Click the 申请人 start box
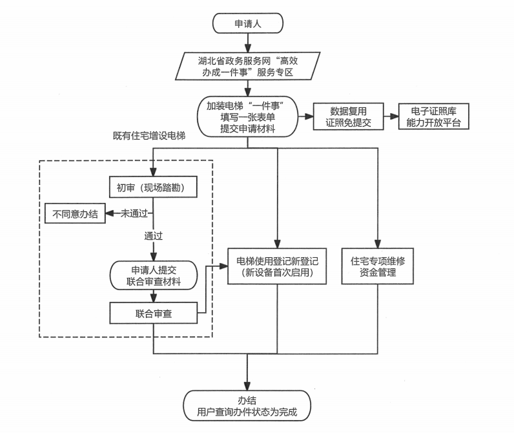[x=247, y=24]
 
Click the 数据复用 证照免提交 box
[x=348, y=117]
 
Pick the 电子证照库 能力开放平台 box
[x=433, y=117]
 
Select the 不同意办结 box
[x=75, y=214]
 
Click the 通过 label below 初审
[x=153, y=237]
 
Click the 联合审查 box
[x=153, y=314]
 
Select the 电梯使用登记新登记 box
[x=278, y=267]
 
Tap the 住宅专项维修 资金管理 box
[x=377, y=267]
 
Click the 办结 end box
[x=247, y=406]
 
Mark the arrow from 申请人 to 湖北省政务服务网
[x=247, y=44]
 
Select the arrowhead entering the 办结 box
[x=247, y=386]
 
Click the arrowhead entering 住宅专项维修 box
[x=377, y=244]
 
